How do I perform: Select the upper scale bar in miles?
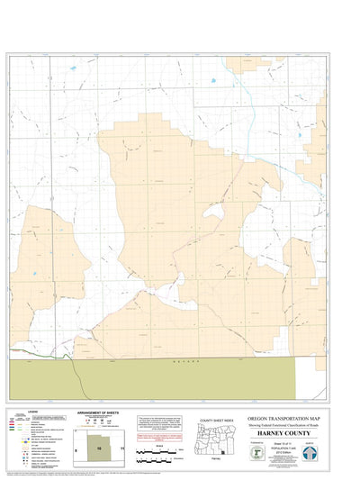click(158, 450)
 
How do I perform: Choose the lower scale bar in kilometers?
click(158, 461)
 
